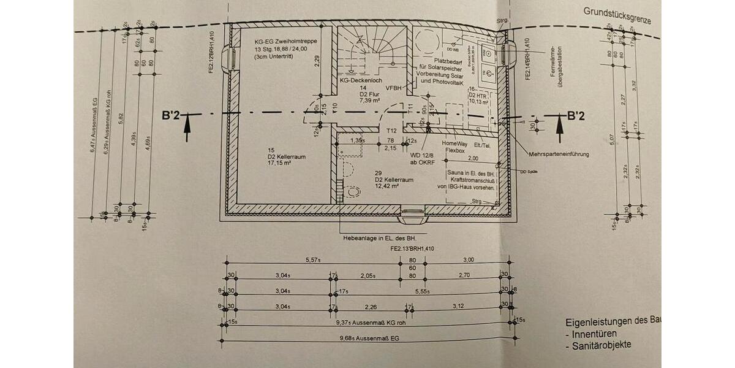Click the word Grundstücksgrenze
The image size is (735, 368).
(x=617, y=13)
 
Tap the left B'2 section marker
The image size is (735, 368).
(x=171, y=115)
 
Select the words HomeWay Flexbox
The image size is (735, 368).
(x=458, y=145)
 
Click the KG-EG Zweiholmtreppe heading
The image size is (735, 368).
(x=284, y=42)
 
